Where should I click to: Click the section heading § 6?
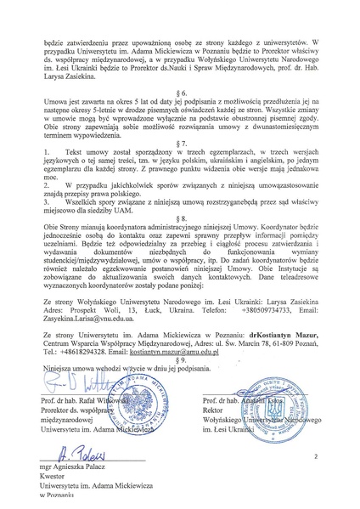179,115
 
